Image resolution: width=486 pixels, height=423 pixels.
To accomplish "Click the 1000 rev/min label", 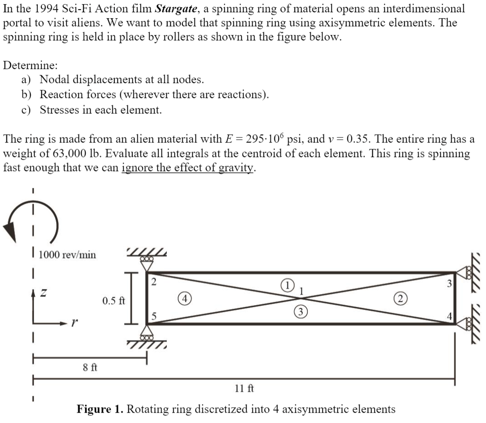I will coord(67,255).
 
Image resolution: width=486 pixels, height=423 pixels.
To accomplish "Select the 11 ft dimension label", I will coord(244,389).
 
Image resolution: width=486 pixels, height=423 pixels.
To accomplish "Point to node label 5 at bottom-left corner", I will coord(154,317).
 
